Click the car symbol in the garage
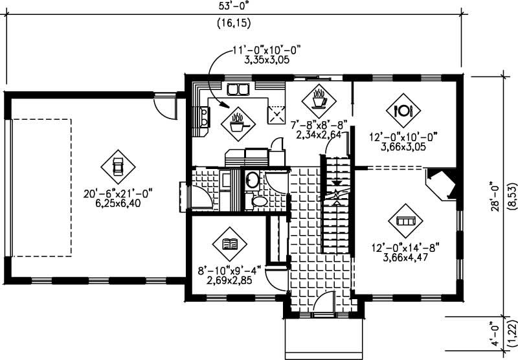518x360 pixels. [x=117, y=166]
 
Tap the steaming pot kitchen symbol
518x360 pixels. [x=238, y=121]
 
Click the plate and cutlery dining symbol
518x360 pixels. [x=404, y=110]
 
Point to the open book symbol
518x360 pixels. [x=229, y=243]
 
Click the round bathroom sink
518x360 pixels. [x=252, y=179]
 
